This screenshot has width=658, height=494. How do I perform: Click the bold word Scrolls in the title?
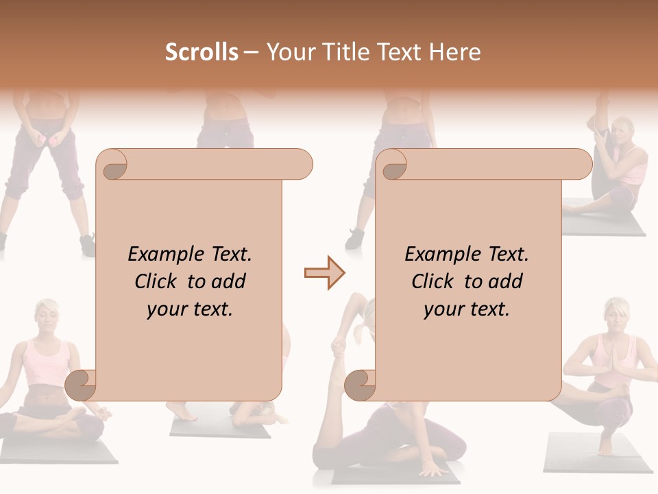[x=202, y=52]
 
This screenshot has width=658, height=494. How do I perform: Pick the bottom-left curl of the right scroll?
[x=361, y=385]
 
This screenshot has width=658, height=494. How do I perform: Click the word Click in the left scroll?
[x=157, y=281]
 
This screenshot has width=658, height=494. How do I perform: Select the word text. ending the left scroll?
[x=210, y=309]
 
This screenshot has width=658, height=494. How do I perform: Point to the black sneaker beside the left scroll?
[x=87, y=245]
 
